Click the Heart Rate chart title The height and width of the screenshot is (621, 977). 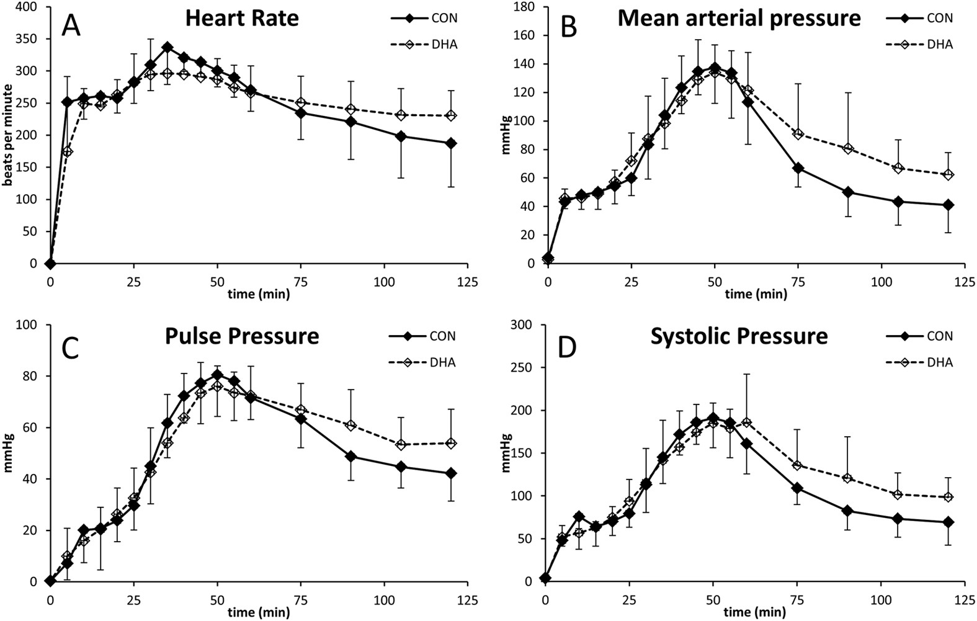pos(242,18)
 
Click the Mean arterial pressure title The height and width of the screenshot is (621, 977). pos(739,18)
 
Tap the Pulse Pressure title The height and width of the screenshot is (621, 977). pos(242,336)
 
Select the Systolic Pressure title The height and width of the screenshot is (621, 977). pos(739,336)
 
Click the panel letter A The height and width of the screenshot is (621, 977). pos(72,25)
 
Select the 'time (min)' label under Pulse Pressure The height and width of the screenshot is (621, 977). pos(259,612)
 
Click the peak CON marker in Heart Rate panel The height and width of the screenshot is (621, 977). pos(167,47)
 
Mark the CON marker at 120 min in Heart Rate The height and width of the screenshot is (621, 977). pos(451,143)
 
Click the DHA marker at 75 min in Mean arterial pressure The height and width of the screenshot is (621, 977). pos(798,134)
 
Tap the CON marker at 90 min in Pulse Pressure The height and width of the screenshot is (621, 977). pos(350,457)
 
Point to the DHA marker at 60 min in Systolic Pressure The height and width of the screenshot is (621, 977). pos(747,422)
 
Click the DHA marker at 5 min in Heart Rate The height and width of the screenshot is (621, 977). pos(67,151)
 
